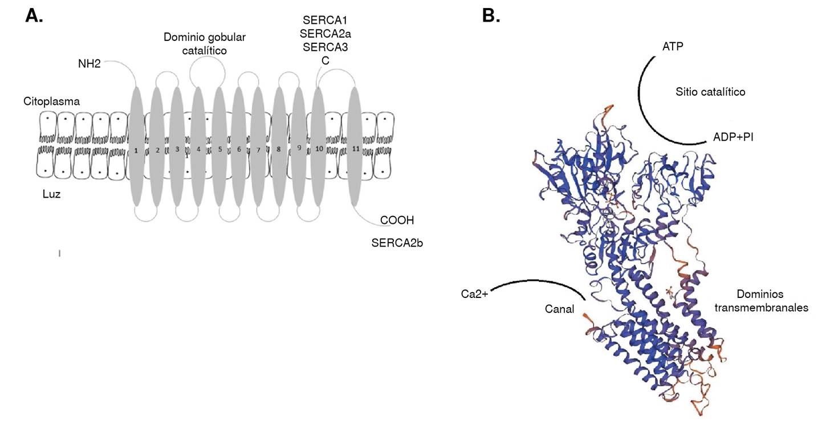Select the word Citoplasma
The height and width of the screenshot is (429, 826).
coord(51,101)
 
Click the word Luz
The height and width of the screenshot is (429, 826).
coord(51,194)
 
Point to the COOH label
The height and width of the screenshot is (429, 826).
coord(397,220)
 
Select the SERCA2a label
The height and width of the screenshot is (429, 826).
coord(325,33)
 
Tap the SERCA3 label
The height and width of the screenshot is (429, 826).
coord(325,47)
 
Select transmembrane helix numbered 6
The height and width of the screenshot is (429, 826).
coord(239,149)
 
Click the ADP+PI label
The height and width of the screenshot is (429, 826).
coord(733,137)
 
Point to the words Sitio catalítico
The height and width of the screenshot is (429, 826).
coord(710,91)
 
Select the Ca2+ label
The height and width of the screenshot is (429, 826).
coord(475,295)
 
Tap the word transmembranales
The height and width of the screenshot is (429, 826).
coord(771,308)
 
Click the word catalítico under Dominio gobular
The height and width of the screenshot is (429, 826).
coord(205,51)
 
